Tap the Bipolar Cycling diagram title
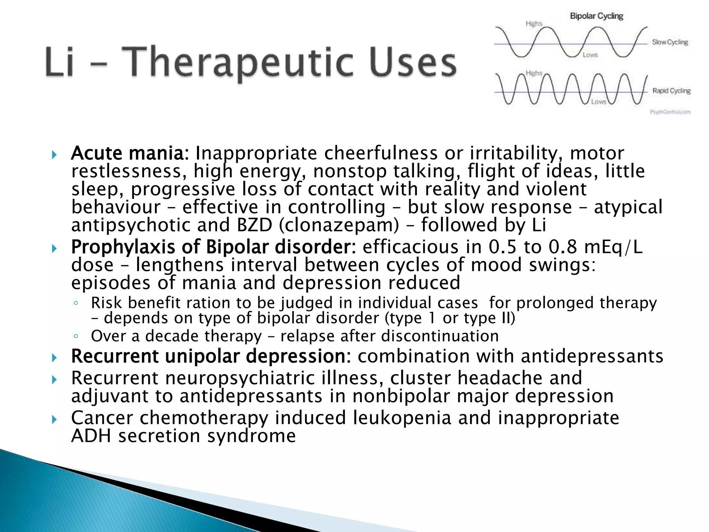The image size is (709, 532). [596, 16]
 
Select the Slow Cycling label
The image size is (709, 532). [670, 42]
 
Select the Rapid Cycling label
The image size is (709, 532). [671, 91]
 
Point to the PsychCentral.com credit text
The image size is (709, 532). [670, 112]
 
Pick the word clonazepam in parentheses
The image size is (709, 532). [339, 225]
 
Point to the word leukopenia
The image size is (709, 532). [402, 418]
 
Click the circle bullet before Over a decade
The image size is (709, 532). [76, 336]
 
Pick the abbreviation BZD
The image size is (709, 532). [254, 225]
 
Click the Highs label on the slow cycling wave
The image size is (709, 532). [533, 24]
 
